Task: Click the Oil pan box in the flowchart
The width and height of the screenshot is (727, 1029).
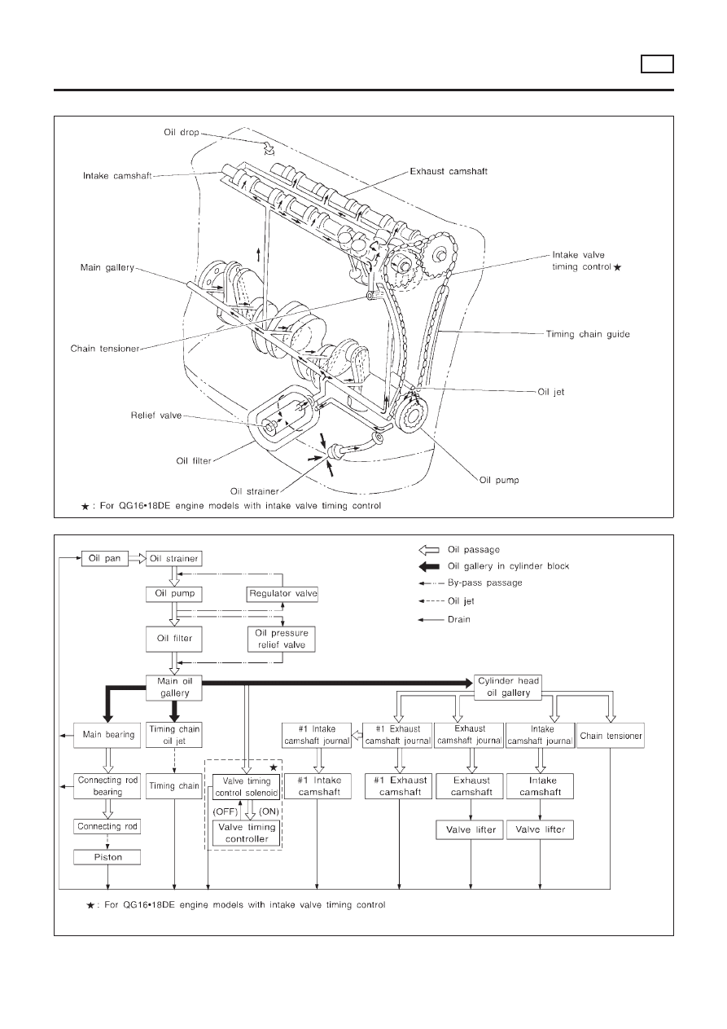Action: point(105,558)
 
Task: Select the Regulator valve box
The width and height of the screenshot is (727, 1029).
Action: point(282,593)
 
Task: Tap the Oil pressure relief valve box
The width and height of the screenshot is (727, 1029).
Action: point(282,639)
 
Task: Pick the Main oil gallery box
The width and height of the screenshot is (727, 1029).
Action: point(174,688)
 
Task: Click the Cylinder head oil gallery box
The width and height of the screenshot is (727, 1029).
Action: point(508,688)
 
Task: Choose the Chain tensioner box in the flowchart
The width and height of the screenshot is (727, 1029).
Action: point(611,736)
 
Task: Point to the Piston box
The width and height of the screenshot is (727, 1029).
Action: point(107,857)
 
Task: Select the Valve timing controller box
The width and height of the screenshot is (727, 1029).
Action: point(247,833)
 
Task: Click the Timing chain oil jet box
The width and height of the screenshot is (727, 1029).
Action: point(174,735)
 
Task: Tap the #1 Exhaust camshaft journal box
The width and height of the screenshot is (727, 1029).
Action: point(397,735)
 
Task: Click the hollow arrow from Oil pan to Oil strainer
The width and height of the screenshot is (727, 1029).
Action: point(137,559)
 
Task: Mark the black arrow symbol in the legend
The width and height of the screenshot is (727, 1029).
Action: point(429,566)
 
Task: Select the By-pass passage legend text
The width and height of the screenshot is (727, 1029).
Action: point(484,583)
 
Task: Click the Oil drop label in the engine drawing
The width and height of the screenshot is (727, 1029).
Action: point(182,132)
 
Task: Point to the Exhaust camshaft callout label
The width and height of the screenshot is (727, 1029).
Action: point(449,171)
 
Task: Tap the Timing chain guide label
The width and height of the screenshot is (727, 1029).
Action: point(588,334)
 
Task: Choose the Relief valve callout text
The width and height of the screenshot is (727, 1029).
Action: point(156,416)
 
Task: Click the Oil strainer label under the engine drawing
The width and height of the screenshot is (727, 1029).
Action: point(254,491)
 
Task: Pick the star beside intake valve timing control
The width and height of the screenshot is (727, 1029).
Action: point(617,267)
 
